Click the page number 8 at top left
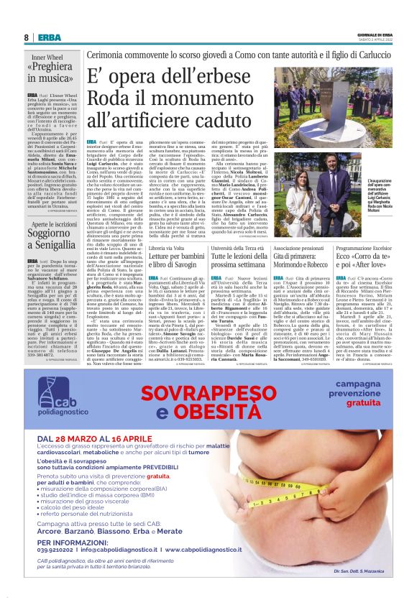point(26,37)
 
